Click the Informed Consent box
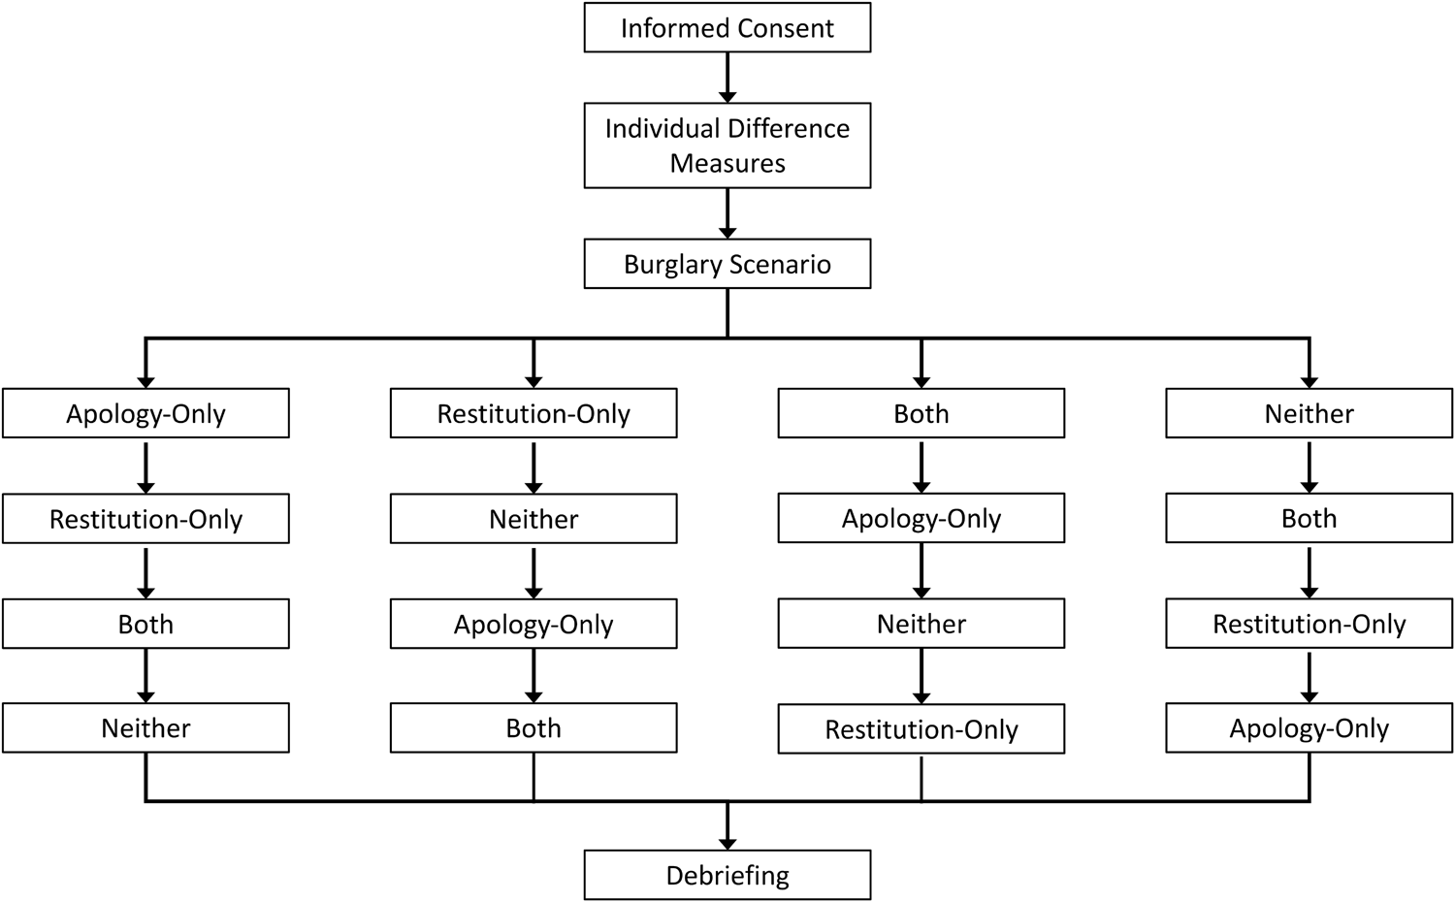(727, 28)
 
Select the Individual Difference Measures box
(727, 145)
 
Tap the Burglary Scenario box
(727, 265)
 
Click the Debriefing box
(727, 875)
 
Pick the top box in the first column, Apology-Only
(145, 414)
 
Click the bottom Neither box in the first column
(145, 728)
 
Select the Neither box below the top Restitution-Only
(533, 519)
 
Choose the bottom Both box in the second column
(533, 728)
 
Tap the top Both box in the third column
(921, 414)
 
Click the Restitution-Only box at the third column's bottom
(921, 729)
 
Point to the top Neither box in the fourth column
(1309, 414)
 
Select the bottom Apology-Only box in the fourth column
(1309, 728)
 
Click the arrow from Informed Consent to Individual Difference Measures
(727, 78)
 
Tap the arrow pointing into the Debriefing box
(727, 828)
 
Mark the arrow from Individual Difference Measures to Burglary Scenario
(727, 213)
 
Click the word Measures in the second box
(727, 163)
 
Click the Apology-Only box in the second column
(533, 625)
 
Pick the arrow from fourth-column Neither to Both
(1309, 467)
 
